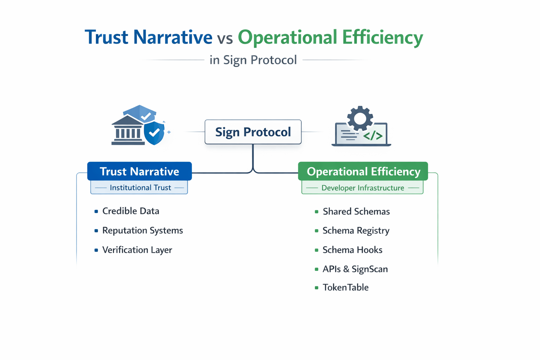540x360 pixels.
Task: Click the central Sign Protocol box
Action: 253,132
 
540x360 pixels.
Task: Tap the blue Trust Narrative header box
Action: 139,171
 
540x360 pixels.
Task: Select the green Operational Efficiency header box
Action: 363,171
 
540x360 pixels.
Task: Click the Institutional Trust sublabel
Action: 140,188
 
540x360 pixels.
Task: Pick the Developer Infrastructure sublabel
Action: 362,188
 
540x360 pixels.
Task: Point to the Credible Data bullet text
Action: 130,211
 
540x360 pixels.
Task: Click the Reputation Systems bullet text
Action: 142,230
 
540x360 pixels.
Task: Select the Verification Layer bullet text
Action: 137,250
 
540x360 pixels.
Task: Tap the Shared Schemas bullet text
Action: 356,211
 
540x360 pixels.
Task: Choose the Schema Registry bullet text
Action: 356,231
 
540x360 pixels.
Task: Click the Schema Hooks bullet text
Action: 352,250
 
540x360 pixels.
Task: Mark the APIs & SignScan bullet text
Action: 355,269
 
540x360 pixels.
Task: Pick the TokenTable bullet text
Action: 346,288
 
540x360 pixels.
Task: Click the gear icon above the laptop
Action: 360,118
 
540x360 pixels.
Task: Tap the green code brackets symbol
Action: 373,136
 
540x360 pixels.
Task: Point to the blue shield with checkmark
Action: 154,133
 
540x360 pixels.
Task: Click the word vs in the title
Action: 225,38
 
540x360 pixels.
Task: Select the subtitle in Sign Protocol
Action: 253,60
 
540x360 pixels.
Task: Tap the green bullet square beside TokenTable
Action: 316,288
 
